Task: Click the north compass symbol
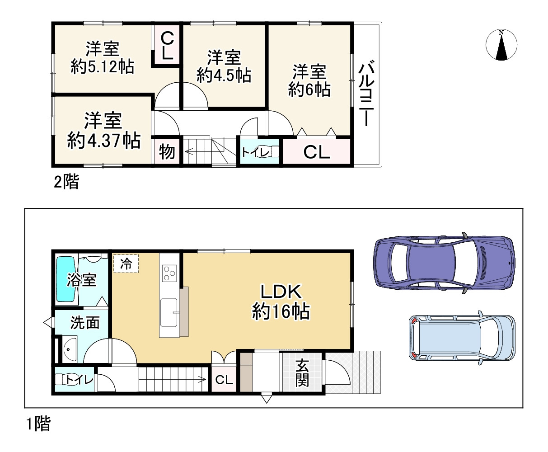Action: [501, 45]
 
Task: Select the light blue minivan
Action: [462, 338]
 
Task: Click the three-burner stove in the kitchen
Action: [170, 273]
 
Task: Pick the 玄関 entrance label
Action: [302, 373]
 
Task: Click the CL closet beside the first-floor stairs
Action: [224, 380]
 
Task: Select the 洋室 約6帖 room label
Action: [309, 81]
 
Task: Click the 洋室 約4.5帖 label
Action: [224, 66]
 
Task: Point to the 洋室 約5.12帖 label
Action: [103, 57]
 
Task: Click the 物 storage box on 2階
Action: [167, 152]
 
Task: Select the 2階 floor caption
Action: [66, 182]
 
